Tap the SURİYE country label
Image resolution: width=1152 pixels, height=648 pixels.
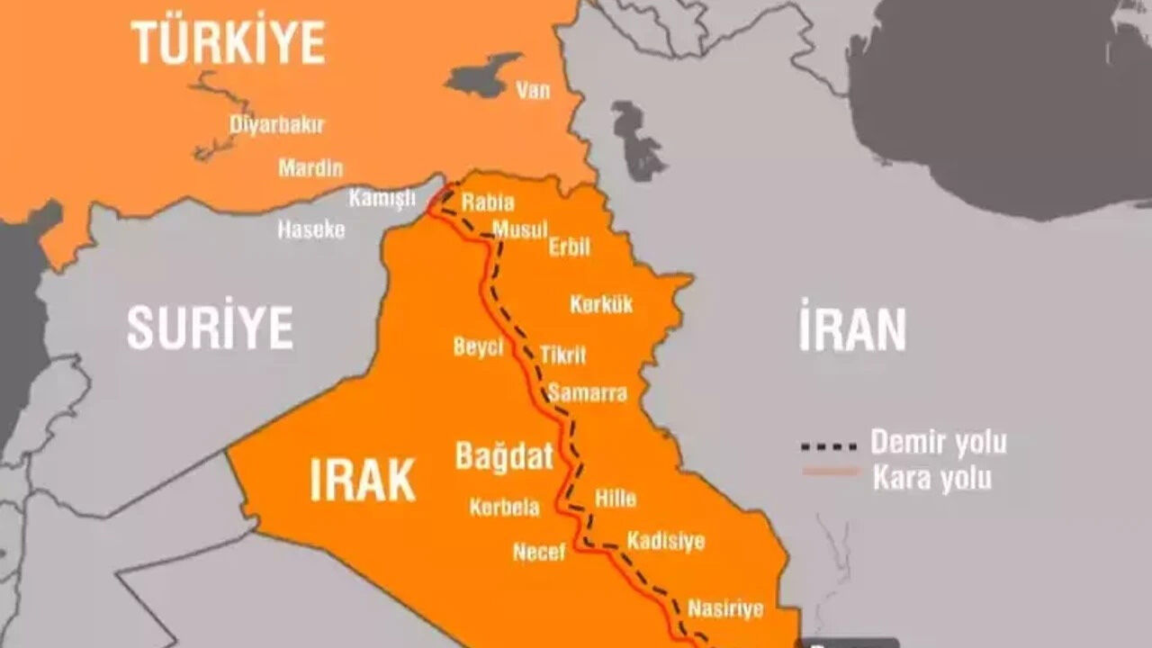tap(210, 328)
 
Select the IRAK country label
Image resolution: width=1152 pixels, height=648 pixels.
tap(363, 479)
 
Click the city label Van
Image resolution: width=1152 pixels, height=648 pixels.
tap(533, 90)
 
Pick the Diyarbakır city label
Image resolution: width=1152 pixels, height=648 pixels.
tap(276, 125)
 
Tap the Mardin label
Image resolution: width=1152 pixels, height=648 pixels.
tap(310, 167)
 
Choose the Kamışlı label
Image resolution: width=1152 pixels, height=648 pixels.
tap(382, 198)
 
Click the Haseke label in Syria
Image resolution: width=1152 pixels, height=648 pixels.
tap(310, 229)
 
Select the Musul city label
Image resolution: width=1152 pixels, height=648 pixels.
tap(519, 230)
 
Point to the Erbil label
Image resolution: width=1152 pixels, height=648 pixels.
tap(570, 247)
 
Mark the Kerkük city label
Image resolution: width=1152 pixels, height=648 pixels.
tap(601, 304)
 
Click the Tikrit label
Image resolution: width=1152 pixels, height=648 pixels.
tap(562, 355)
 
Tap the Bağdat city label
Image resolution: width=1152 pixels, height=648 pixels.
tap(504, 456)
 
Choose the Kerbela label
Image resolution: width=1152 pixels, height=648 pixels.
tap(504, 508)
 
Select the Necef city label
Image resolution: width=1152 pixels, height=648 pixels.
tap(539, 551)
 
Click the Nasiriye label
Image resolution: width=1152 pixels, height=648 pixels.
tap(725, 608)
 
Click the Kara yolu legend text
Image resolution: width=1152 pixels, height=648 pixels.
tap(931, 479)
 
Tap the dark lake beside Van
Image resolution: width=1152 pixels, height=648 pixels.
tap(483, 76)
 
